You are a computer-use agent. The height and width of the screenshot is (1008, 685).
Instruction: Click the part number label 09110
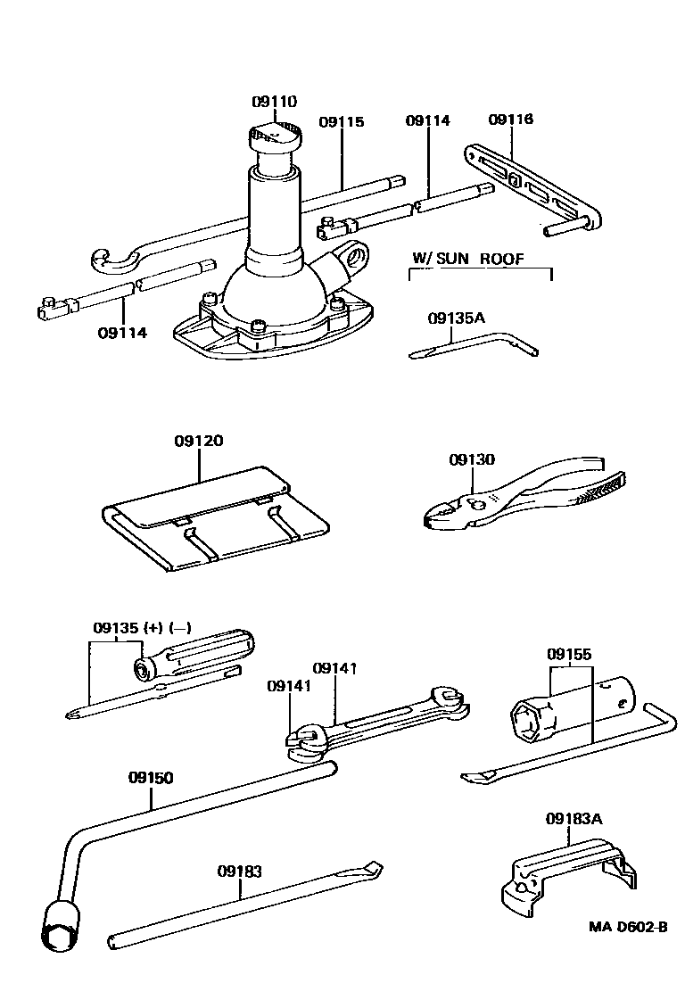click(x=274, y=102)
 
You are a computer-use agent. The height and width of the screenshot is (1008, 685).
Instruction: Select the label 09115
click(x=342, y=122)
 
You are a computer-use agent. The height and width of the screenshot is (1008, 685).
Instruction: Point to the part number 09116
click(x=511, y=119)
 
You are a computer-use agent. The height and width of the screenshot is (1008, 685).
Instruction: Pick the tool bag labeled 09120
click(x=214, y=522)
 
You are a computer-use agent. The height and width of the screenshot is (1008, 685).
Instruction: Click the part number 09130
click(x=471, y=459)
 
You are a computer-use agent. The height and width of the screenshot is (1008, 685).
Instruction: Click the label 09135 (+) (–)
click(x=142, y=627)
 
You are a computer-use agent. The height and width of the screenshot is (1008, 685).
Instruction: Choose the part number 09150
click(x=150, y=777)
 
